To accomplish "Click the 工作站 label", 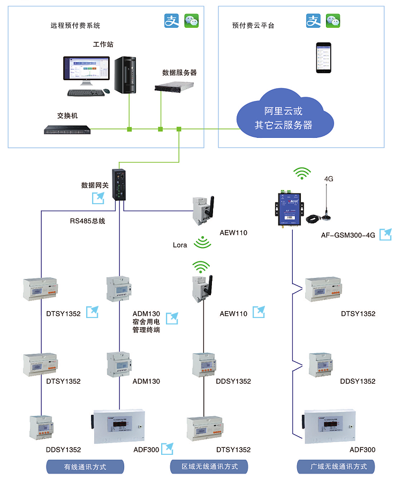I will tap(103, 44).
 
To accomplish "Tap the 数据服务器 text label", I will tap(179, 72).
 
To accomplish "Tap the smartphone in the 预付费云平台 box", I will tap(323, 58).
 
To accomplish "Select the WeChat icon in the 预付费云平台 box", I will tap(333, 21).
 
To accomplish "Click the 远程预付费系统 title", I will tap(75, 25).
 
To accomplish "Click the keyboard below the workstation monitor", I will tap(86, 92).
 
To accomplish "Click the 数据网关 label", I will tap(95, 185).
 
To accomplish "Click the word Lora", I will tap(180, 245).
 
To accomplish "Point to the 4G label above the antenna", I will tap(329, 179).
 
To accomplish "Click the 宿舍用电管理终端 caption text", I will tap(146, 326).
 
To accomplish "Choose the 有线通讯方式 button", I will tap(85, 467).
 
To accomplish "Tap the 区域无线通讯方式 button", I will tap(209, 467).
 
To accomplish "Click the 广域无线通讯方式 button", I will tap(336, 467).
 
